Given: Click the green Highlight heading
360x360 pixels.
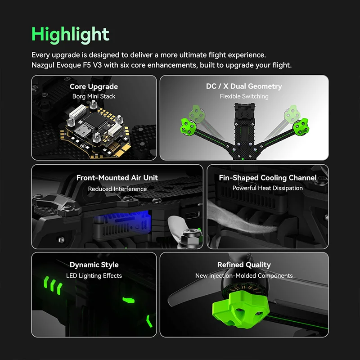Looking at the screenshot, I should [70, 35].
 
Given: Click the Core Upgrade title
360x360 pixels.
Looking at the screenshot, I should [94, 86].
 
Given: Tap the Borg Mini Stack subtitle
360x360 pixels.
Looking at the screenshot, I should [94, 96].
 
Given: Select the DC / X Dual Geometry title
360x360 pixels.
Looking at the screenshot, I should [244, 86].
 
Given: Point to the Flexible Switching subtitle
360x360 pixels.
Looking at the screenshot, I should [244, 96].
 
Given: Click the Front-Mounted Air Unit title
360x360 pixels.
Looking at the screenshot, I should [117, 178].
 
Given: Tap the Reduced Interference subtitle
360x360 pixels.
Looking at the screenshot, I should [117, 189].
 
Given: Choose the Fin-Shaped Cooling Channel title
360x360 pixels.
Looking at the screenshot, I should [267, 178].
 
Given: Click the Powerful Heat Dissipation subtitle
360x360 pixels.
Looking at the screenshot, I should [267, 188].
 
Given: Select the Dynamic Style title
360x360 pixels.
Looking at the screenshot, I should [94, 265].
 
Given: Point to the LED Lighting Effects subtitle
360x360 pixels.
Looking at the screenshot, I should [94, 275].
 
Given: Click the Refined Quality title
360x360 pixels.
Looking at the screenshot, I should [244, 265].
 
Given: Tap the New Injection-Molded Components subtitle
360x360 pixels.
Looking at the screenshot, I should [244, 275].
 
